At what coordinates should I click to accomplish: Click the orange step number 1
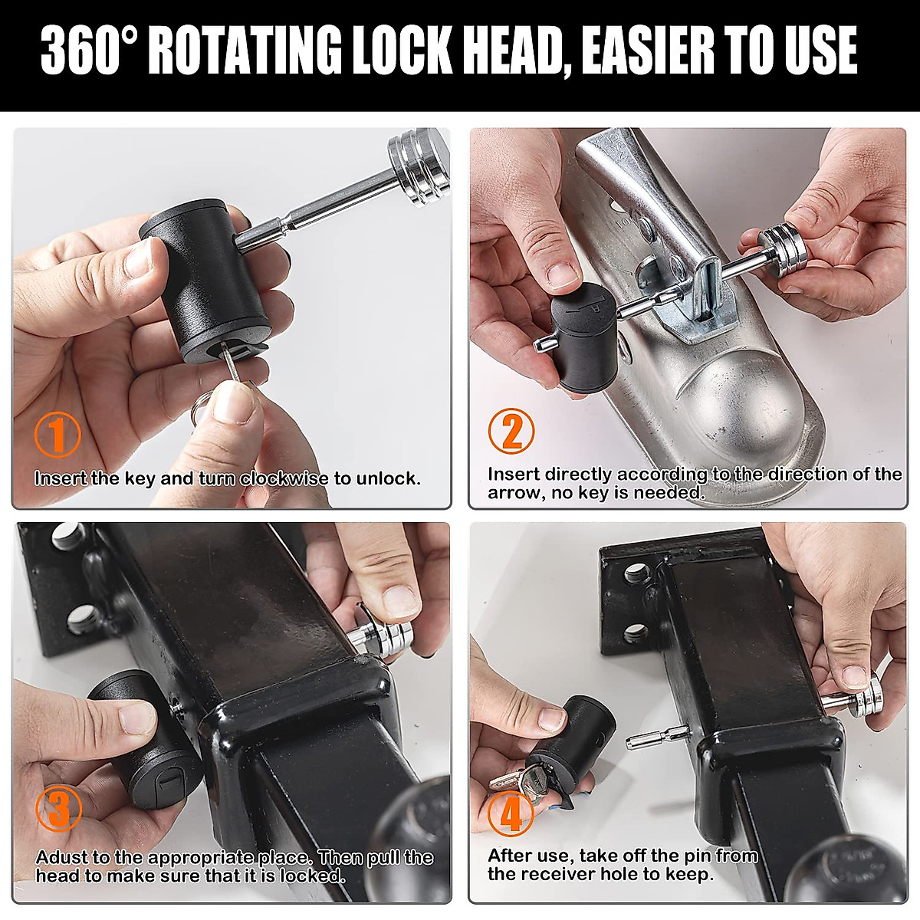pos(58,435)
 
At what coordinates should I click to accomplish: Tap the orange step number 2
pos(511,431)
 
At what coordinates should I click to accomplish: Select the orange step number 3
pos(58,809)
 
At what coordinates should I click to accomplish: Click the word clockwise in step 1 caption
pos(284,478)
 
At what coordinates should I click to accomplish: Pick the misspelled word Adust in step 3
pos(61,857)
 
